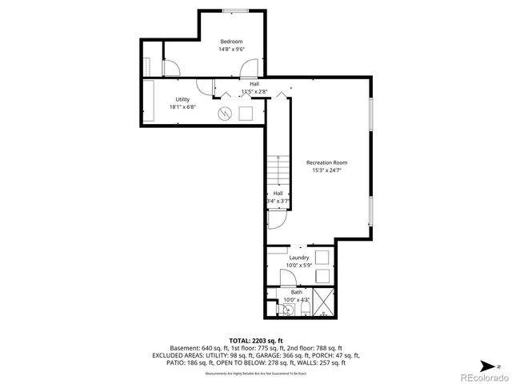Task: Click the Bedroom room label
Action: [x=231, y=42]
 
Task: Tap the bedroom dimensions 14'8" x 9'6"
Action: [x=231, y=50]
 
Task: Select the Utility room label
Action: [x=182, y=99]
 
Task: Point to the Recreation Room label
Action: [x=326, y=162]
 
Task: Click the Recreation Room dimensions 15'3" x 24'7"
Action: [x=326, y=170]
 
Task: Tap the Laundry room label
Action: [x=299, y=258]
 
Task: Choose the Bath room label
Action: [x=297, y=292]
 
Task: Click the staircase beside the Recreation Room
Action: [x=277, y=170]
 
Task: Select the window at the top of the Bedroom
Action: [x=234, y=10]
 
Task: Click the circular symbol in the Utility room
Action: [x=226, y=114]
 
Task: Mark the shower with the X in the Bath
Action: [x=325, y=304]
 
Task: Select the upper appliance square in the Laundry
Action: [x=324, y=257]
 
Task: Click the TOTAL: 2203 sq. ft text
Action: [x=256, y=341]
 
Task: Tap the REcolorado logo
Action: [x=480, y=376]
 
